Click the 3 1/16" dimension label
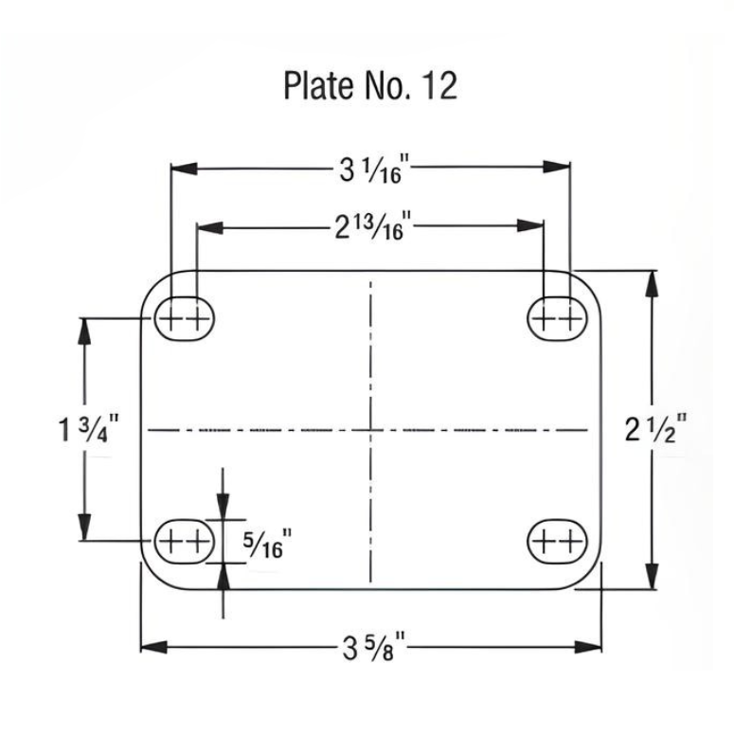click(x=371, y=170)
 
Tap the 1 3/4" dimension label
click(x=87, y=429)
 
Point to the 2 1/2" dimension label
click(x=655, y=430)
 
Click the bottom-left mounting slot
click(x=181, y=541)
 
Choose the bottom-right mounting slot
click(x=557, y=541)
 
